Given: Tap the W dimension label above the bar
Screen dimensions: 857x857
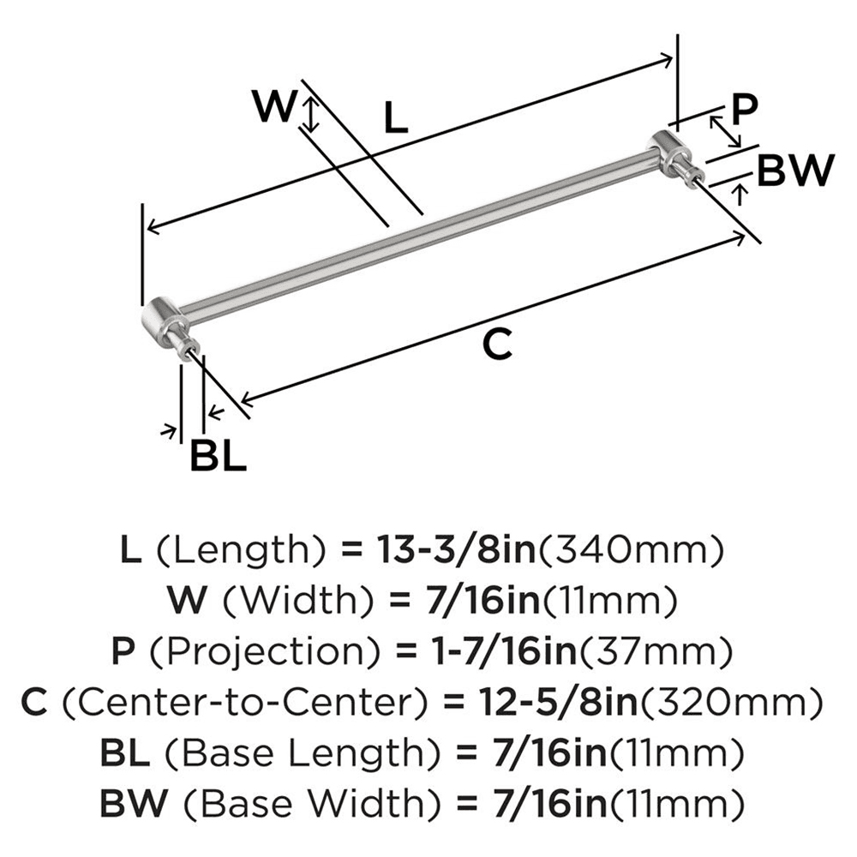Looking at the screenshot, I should [x=276, y=107].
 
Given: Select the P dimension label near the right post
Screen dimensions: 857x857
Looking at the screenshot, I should [x=745, y=108].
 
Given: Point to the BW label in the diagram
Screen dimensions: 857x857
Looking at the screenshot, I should [x=796, y=171].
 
